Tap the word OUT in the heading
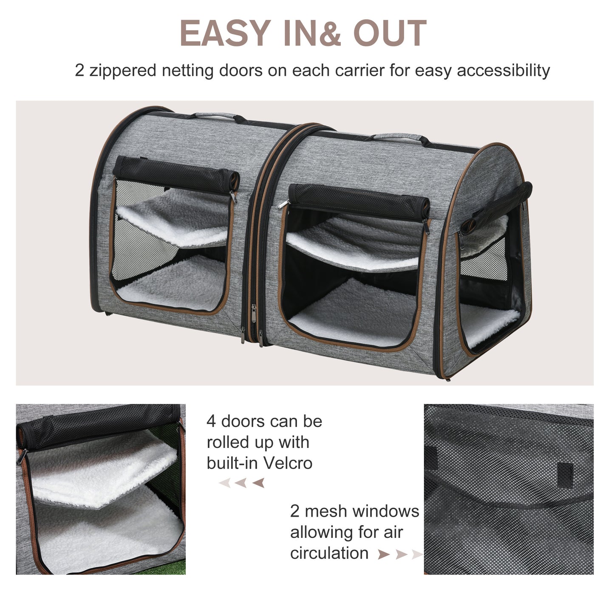tap(390, 33)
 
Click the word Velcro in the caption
tap(286, 463)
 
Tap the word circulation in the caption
tap(329, 553)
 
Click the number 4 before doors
tap(211, 422)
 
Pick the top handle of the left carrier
tap(215, 116)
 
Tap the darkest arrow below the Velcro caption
tap(258, 483)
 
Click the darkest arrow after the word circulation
tap(383, 555)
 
